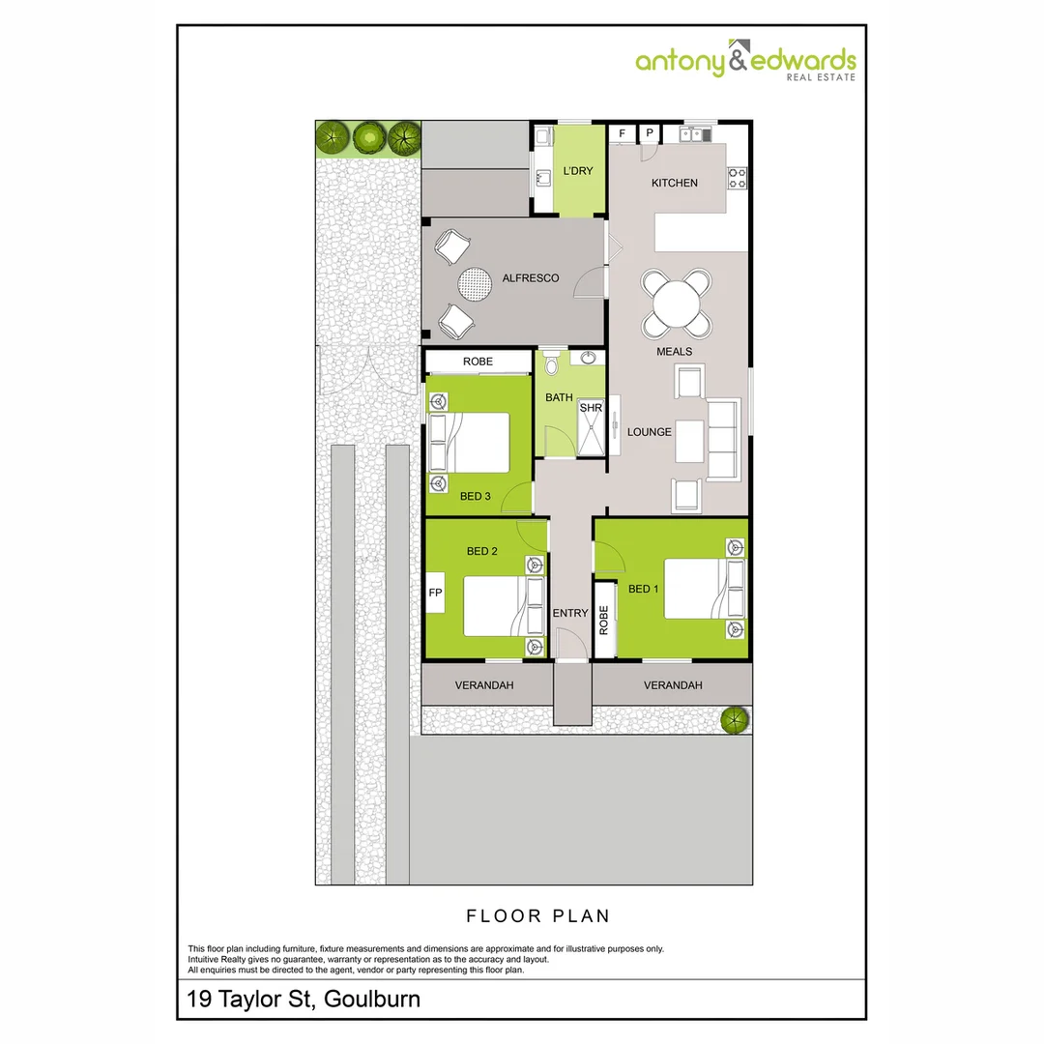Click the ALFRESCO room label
[x=531, y=278]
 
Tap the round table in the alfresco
[x=475, y=284]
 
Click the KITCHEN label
[x=674, y=183]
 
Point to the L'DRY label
[x=577, y=171]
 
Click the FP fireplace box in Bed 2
[x=435, y=593]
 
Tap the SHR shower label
[x=590, y=408]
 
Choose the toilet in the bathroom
[x=552, y=362]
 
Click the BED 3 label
[x=475, y=496]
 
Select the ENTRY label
[x=570, y=613]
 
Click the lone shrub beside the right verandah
[x=735, y=719]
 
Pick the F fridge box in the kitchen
[x=623, y=132]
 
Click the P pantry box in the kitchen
[x=650, y=132]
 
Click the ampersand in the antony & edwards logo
[x=738, y=61]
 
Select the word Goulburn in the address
[x=372, y=999]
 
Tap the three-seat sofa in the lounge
[x=723, y=440]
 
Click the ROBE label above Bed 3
[x=478, y=362]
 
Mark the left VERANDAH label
[x=484, y=685]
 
